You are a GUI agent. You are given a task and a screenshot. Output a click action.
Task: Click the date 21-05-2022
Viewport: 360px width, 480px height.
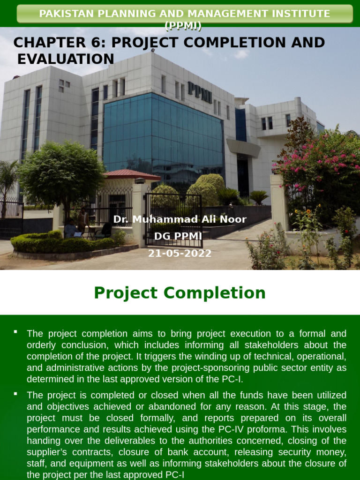180,254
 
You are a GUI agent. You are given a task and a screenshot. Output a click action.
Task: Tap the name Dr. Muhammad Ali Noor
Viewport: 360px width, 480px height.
180,219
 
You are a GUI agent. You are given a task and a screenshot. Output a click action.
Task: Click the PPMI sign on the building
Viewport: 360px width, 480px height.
200,92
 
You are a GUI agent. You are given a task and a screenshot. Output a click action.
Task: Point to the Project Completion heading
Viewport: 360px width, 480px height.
180,293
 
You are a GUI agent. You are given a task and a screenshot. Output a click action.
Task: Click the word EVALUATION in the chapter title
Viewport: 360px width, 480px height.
66,59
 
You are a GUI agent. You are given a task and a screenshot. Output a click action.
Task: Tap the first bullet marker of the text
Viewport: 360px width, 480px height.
15,332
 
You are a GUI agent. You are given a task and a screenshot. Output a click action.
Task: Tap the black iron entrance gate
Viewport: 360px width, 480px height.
173,220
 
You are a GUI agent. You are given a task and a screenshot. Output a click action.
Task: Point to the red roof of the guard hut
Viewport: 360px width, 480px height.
131,175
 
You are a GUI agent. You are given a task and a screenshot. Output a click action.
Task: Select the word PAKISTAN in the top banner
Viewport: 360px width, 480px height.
63,14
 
